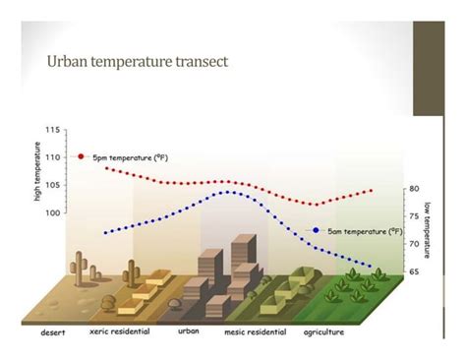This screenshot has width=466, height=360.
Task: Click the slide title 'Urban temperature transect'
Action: coord(138,62)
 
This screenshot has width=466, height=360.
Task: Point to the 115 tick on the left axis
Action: coord(51,129)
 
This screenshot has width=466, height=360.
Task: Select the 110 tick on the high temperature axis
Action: coord(51,156)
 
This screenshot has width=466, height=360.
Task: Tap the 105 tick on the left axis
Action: coord(51,184)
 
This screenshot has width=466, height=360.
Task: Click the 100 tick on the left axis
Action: coord(51,211)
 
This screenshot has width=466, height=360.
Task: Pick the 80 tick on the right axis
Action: coord(415,189)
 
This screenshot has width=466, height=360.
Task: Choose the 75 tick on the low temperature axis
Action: coord(415,215)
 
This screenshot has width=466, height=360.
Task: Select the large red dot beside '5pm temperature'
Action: coord(81,156)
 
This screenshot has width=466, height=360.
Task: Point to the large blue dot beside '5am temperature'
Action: coord(317,230)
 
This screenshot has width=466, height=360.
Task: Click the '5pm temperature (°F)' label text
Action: coord(132,157)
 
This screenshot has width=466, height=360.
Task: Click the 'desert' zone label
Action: coord(53,332)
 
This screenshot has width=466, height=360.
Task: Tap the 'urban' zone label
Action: coord(189,331)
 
